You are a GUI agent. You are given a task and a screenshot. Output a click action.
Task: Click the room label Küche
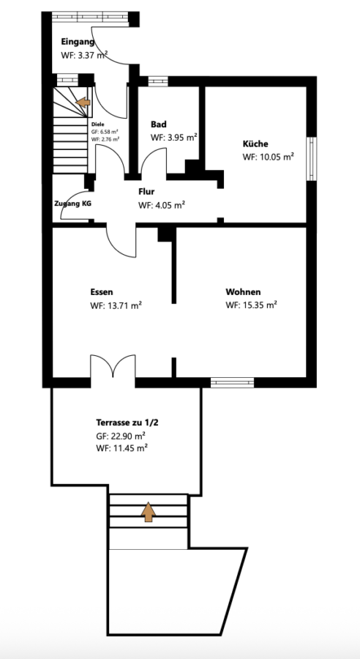pos(255,144)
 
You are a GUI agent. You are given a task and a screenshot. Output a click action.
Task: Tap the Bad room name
pos(158,124)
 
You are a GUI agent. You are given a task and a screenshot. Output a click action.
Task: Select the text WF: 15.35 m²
pos(251,305)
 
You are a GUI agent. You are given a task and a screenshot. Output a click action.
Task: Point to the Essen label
pos(101,292)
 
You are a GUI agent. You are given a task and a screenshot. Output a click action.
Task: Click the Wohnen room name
pos(243,291)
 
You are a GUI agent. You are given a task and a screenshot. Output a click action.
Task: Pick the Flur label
pos(146,192)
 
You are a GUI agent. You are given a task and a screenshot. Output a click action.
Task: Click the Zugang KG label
pos(72,204)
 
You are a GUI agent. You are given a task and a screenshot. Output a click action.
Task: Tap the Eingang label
pos(78,42)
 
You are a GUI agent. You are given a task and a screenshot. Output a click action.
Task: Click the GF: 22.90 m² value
pos(121,436)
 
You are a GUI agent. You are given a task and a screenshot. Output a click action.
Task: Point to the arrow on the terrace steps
pos(149,512)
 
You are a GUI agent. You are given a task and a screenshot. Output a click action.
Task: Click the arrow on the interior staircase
pos(83,102)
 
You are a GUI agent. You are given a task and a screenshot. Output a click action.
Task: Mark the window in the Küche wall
pos(311,159)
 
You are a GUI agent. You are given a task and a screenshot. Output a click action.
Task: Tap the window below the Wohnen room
pos(232,382)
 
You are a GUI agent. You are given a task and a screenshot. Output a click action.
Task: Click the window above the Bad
pos(158,81)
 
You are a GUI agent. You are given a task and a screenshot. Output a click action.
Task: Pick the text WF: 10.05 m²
pos(268,157)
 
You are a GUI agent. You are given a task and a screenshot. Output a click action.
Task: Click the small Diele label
pos(97,124)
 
